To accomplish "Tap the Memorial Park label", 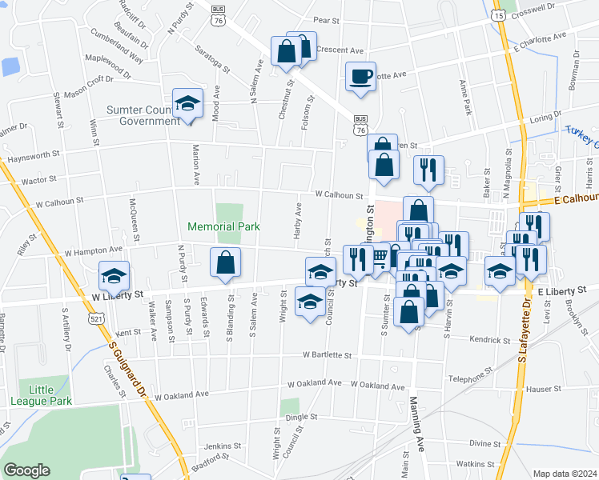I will (x=223, y=226).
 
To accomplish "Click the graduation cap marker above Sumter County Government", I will (x=187, y=103).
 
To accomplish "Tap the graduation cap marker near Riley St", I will (x=115, y=276).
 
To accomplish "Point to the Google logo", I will (x=26, y=470).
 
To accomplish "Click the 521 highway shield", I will (x=96, y=318).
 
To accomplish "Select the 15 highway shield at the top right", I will (x=498, y=15).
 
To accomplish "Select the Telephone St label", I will (x=467, y=378).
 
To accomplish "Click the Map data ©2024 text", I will (x=564, y=474).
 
